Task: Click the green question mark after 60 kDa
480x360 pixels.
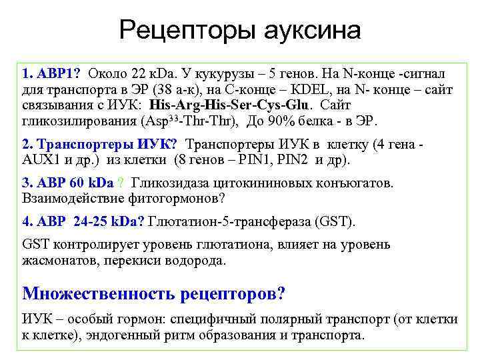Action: point(120,183)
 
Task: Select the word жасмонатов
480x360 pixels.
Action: point(57,260)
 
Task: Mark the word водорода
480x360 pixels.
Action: point(195,260)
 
